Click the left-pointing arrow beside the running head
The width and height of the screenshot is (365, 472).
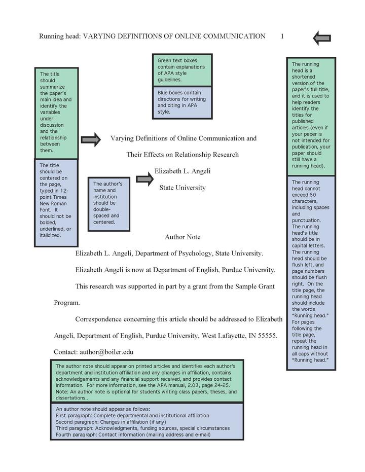pyautogui.click(x=322, y=38)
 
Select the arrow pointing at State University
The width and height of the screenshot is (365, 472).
pyautogui.click(x=144, y=178)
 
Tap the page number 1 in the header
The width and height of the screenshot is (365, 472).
pyautogui.click(x=282, y=37)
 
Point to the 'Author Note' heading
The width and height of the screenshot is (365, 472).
pyautogui.click(x=182, y=237)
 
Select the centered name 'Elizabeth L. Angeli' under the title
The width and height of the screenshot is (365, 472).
pyautogui.click(x=182, y=171)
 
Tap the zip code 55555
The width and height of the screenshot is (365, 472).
pyautogui.click(x=267, y=335)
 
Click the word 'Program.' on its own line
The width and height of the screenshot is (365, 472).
pyautogui.click(x=67, y=303)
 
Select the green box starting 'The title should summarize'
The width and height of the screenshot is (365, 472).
pyautogui.click(x=56, y=113)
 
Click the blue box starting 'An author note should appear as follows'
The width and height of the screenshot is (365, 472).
pyautogui.click(x=147, y=422)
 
